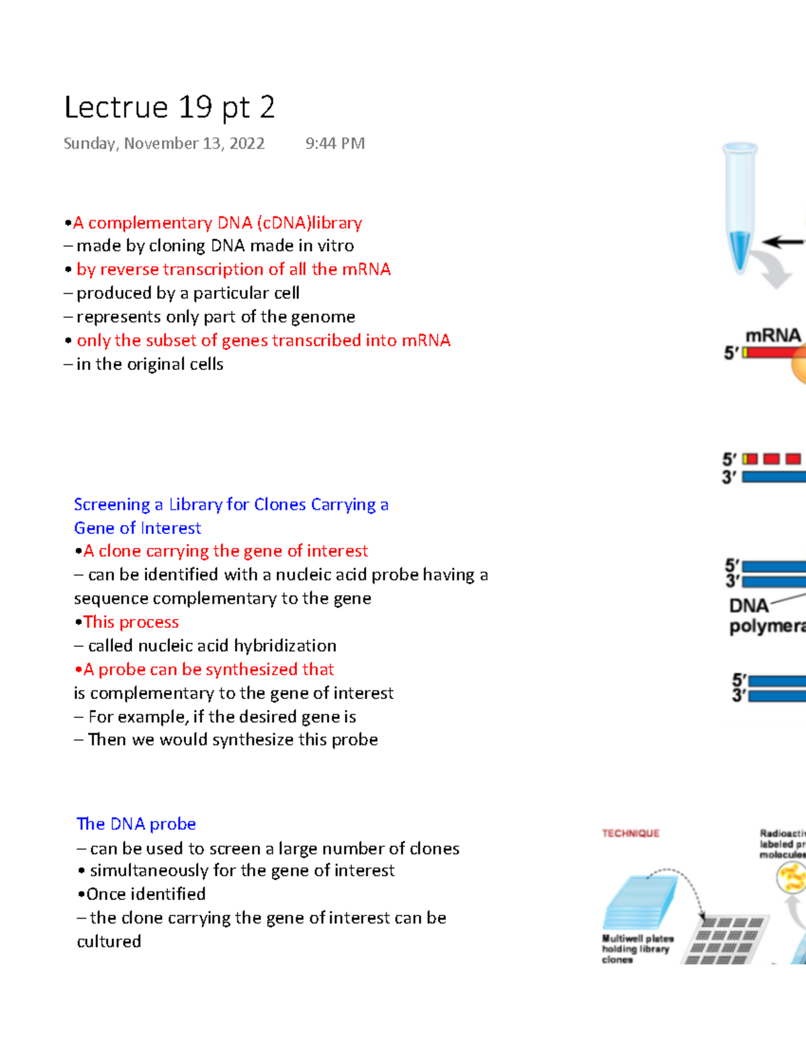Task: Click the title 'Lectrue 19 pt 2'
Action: click(x=169, y=107)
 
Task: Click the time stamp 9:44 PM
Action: click(x=334, y=144)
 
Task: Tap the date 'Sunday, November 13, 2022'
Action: click(x=164, y=144)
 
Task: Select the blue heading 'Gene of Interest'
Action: click(x=137, y=529)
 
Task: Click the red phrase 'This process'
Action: click(x=131, y=623)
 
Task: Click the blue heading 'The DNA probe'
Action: click(x=136, y=824)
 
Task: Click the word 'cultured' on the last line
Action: click(x=109, y=942)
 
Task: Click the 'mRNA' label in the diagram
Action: click(x=772, y=335)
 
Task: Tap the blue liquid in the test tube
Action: click(x=740, y=248)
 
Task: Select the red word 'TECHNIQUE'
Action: click(x=630, y=833)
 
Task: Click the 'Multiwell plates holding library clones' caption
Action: click(x=636, y=949)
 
